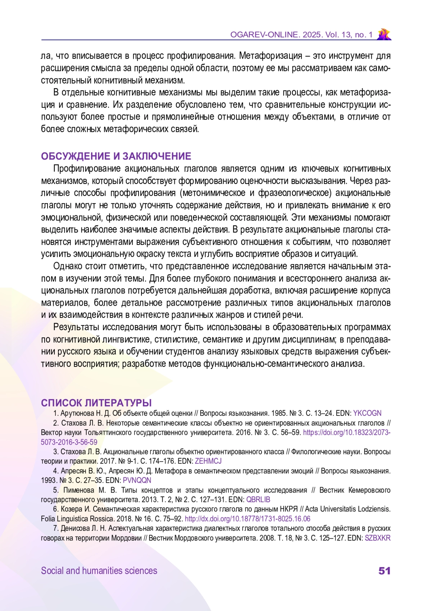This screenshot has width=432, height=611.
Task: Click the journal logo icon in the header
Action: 384,34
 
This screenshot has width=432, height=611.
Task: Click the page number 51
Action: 384,571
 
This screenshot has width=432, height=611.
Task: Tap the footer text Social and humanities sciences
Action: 99,571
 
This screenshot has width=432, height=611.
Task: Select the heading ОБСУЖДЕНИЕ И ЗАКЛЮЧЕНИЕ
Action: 116,156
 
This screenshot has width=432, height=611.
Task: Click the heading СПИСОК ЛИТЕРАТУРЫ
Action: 96,403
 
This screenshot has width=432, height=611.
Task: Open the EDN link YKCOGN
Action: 367,413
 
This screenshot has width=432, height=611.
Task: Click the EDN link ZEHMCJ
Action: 208,461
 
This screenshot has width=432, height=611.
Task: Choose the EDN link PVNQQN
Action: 137,480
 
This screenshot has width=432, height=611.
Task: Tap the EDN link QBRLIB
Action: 258,500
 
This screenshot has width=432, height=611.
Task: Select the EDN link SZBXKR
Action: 378,538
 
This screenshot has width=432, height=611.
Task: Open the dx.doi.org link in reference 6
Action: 247,519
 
